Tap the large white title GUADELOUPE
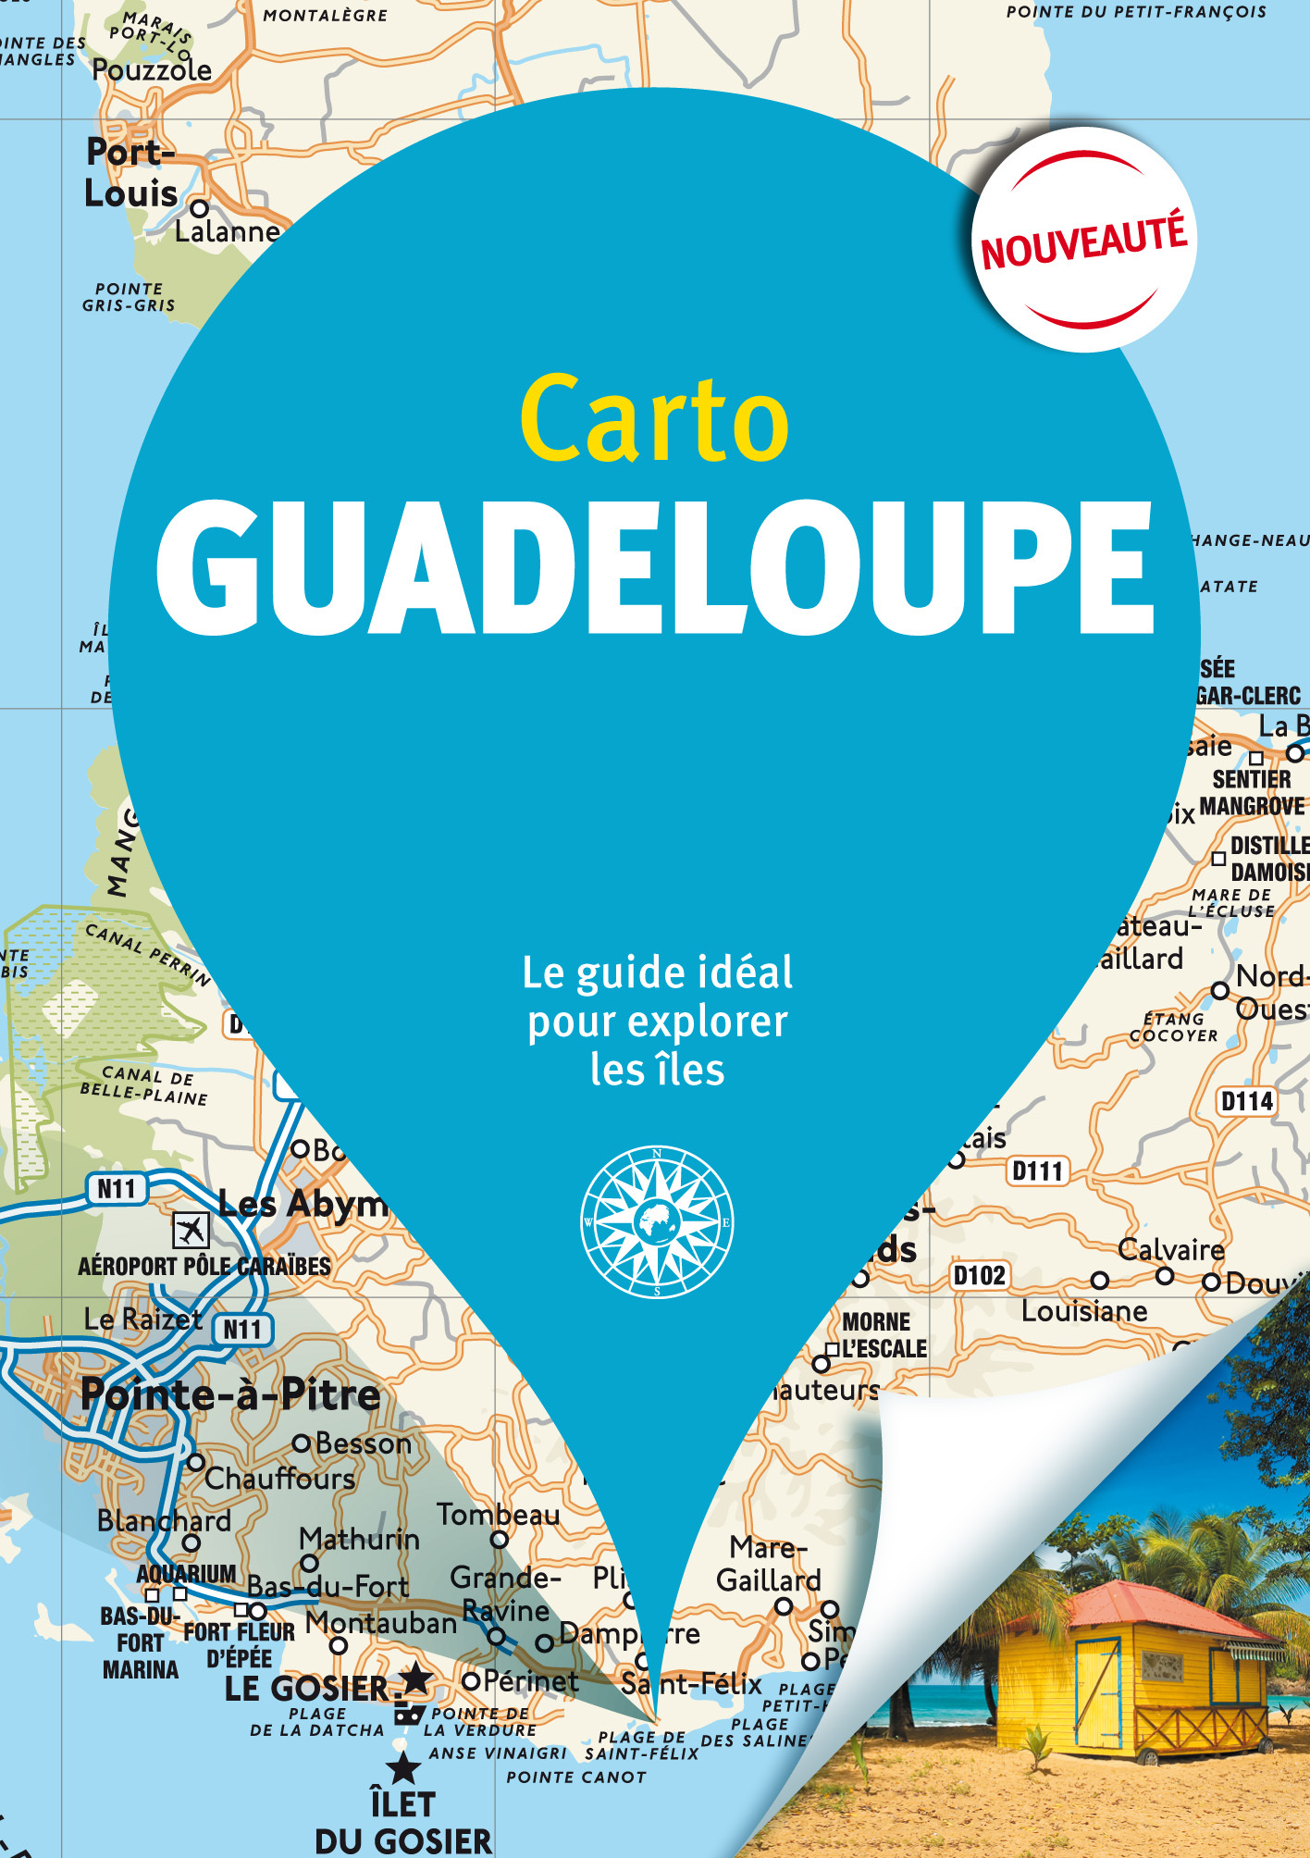(654, 566)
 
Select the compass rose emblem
(657, 1221)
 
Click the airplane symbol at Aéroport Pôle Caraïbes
(191, 1230)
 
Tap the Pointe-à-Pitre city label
(230, 1394)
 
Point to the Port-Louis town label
(130, 173)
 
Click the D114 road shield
(1246, 1101)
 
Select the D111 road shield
(1037, 1171)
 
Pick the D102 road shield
(980, 1276)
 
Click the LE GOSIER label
(307, 1689)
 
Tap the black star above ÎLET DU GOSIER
(402, 1768)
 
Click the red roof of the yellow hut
(1147, 1609)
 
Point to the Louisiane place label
(1084, 1311)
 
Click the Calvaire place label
(1170, 1249)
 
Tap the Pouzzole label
(152, 70)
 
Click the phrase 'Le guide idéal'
(657, 972)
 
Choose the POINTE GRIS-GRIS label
(129, 297)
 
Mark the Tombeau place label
(498, 1515)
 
